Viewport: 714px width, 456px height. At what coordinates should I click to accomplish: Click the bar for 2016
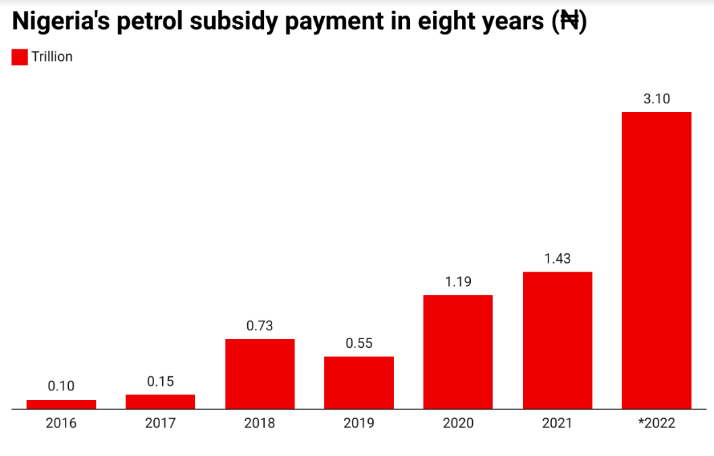(61, 404)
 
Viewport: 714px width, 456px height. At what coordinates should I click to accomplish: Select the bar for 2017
(160, 401)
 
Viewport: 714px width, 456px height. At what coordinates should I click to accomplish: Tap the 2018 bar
(259, 374)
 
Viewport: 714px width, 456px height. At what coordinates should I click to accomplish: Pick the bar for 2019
(359, 382)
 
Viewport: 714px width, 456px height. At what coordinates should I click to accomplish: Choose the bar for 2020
(458, 351)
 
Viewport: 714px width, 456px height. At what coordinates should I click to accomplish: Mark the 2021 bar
(557, 340)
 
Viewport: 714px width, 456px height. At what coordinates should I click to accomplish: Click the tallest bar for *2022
(657, 260)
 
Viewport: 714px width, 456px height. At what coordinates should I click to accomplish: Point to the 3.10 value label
(657, 99)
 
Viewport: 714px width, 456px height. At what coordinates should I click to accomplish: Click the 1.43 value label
(557, 259)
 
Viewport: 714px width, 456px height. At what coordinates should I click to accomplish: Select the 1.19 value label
(458, 282)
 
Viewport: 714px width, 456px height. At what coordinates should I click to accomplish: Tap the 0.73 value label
(259, 326)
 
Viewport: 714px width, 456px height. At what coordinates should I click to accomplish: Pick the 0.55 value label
(359, 343)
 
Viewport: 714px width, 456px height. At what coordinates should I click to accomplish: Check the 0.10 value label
(61, 386)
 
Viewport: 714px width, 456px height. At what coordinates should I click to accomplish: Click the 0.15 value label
(160, 382)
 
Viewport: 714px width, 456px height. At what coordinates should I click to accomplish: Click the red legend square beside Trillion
(20, 57)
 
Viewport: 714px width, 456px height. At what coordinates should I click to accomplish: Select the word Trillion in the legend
(52, 57)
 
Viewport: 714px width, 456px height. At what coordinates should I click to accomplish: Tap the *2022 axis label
(657, 424)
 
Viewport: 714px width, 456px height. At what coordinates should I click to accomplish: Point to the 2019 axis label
(359, 424)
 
